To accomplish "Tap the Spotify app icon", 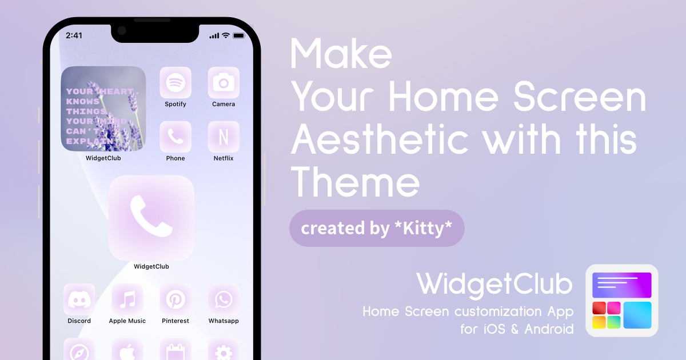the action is (176, 83).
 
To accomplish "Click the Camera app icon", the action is (224, 83).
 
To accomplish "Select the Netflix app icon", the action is (224, 137).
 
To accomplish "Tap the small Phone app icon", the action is (176, 137).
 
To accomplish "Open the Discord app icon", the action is (79, 299).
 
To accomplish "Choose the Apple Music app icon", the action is (127, 299).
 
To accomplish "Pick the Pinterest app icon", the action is (176, 299).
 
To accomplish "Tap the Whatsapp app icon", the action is (224, 299).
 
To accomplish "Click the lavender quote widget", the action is (103, 109).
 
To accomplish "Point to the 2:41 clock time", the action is (74, 35).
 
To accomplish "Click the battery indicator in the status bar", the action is (239, 36).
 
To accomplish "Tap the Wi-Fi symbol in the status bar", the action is (226, 35).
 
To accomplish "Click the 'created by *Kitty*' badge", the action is (377, 229).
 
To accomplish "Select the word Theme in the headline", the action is (355, 182).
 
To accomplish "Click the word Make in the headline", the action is (341, 54).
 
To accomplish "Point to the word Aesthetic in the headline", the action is (380, 139).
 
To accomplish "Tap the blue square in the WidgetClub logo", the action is (637, 315).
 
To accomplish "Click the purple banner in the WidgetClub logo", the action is (622, 285).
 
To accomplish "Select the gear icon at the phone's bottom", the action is (224, 352).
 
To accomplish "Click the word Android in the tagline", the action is (549, 329).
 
